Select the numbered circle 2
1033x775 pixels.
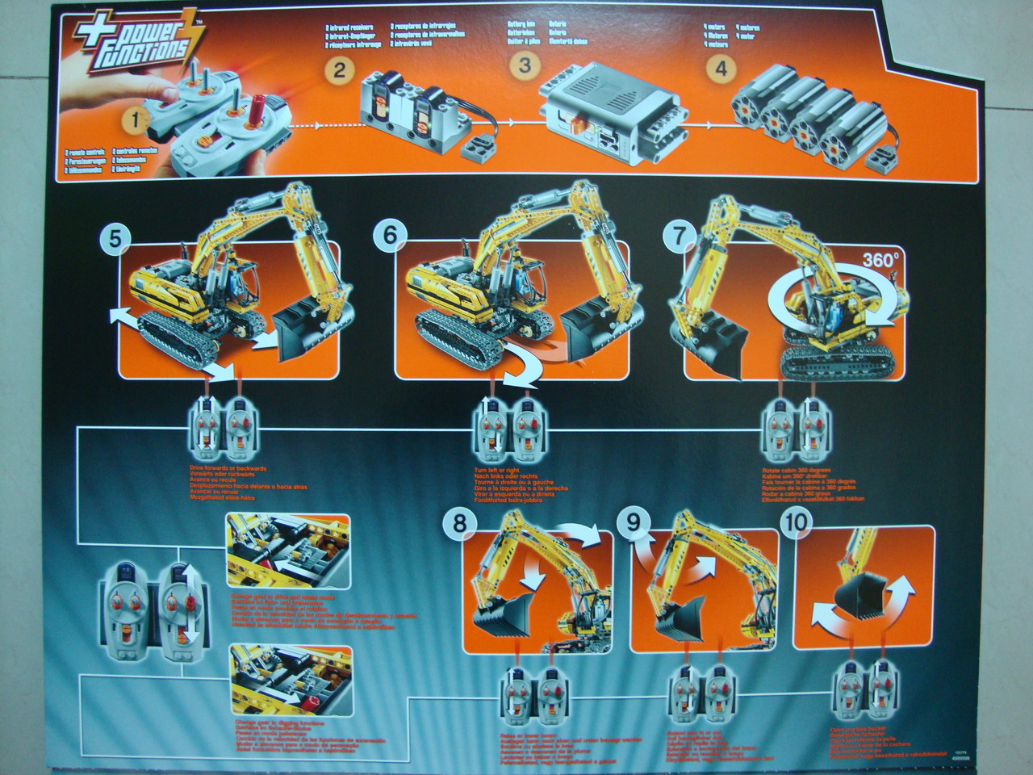click(340, 70)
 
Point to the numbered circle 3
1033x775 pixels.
click(525, 65)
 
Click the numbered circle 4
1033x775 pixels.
click(721, 69)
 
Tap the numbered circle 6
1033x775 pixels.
click(391, 237)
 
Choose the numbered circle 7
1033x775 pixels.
click(679, 237)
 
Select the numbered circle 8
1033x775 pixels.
click(459, 524)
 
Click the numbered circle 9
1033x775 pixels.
click(634, 524)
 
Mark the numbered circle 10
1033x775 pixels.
click(798, 524)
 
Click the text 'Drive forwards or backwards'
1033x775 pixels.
click(217, 468)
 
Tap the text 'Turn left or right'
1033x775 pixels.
click(491, 469)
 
